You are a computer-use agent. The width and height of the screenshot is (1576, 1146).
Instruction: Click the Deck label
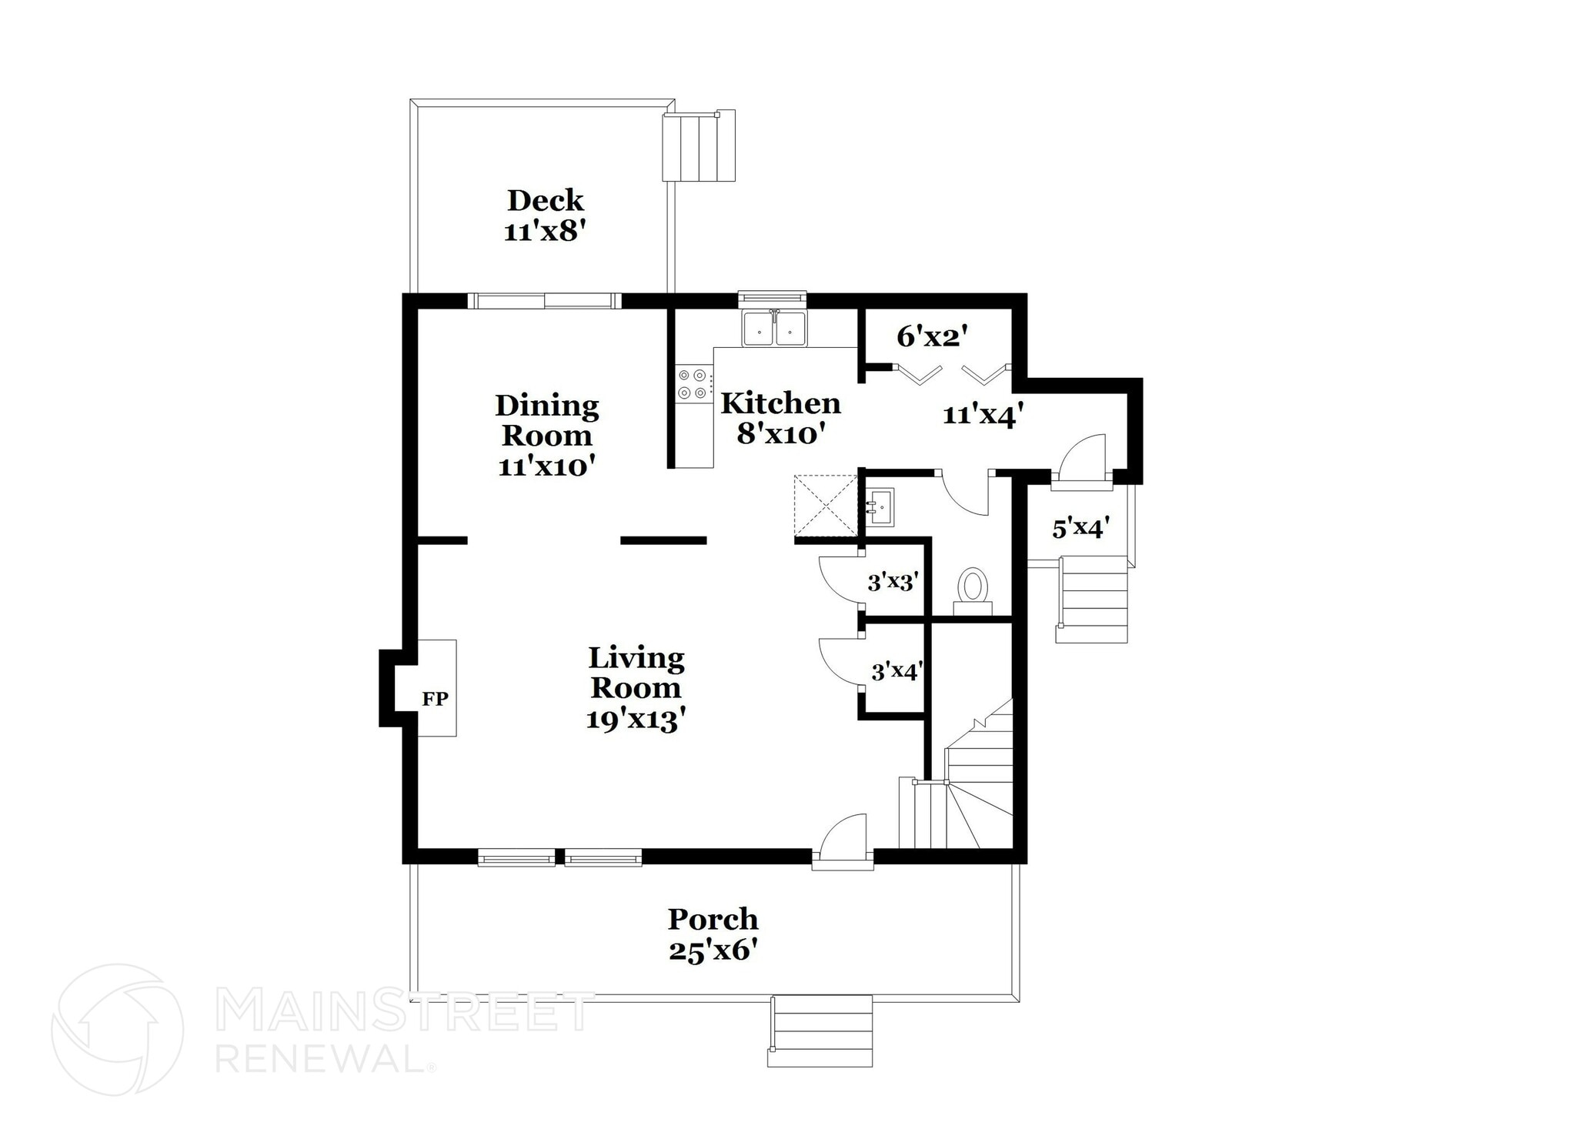[545, 201]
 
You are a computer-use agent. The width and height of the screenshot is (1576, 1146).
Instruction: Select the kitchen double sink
[773, 329]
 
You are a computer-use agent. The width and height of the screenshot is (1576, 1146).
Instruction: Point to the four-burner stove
[692, 384]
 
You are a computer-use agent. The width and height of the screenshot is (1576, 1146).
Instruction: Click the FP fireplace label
[435, 700]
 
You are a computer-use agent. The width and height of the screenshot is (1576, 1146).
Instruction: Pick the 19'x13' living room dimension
[635, 720]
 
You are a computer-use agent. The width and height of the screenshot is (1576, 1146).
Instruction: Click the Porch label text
[713, 919]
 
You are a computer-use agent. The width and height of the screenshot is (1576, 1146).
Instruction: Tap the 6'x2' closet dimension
[931, 336]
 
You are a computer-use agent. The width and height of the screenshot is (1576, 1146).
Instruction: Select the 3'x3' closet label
[893, 582]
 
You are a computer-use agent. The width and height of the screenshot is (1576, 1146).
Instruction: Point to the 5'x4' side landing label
[1080, 528]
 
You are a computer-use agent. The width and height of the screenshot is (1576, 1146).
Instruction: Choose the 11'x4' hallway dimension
[983, 416]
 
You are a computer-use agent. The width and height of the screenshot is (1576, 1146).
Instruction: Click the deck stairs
[699, 145]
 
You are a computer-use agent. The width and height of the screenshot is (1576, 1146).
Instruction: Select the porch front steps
[820, 1031]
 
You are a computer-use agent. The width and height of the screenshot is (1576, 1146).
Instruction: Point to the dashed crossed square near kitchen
[825, 504]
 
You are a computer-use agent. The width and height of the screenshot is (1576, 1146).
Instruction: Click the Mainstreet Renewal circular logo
[117, 1029]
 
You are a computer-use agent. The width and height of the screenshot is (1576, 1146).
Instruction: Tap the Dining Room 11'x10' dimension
[546, 466]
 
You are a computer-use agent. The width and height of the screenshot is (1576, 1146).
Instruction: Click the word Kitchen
[780, 403]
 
